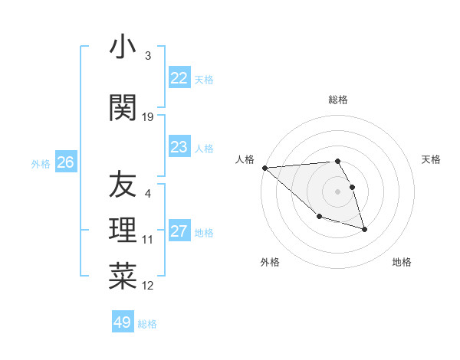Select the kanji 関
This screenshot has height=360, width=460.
(123, 107)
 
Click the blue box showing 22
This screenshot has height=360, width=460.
(179, 78)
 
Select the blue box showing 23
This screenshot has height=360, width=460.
(179, 148)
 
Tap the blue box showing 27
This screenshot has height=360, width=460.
(179, 232)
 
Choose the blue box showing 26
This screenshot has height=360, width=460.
(65, 162)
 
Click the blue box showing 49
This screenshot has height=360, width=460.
(123, 322)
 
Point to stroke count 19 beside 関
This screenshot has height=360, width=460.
(149, 117)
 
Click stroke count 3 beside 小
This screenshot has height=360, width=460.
(148, 56)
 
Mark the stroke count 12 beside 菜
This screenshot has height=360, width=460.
(149, 286)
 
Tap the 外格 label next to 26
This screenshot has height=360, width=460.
(41, 163)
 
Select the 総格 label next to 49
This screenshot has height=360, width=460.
(147, 323)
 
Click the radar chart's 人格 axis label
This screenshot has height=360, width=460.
(245, 159)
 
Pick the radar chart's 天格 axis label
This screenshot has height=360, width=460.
(432, 159)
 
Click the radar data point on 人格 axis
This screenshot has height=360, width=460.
(264, 168)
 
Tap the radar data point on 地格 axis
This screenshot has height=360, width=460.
(364, 229)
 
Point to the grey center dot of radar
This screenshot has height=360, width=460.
(337, 191)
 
